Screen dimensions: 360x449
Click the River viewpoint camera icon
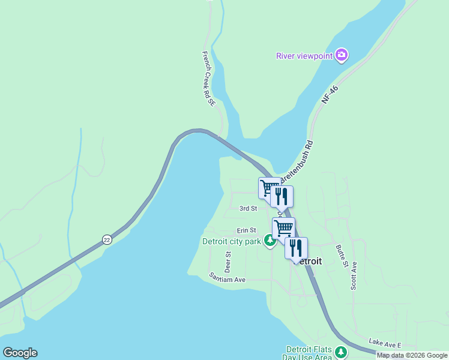(x=342, y=56)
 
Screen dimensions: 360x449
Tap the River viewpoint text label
(x=304, y=56)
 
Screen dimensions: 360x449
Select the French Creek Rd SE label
(x=208, y=79)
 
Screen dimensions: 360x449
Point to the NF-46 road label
(x=330, y=95)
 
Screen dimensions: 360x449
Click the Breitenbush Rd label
(x=301, y=158)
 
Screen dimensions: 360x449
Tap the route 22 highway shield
(x=107, y=239)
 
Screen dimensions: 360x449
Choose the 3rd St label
(x=248, y=209)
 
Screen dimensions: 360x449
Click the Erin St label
(x=246, y=230)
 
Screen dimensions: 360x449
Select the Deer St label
(x=228, y=261)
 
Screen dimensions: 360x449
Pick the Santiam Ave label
(x=228, y=278)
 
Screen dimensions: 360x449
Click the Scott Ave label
(x=354, y=275)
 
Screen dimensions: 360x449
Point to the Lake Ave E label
(x=385, y=343)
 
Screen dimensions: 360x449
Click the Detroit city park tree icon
(x=270, y=241)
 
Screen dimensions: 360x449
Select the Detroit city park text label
(x=231, y=242)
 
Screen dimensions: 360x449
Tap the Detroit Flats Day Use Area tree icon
(x=341, y=352)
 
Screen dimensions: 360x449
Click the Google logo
(x=20, y=353)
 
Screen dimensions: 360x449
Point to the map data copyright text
(x=412, y=355)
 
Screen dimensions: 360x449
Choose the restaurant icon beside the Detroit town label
(x=296, y=248)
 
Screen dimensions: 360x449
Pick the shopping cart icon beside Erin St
(x=283, y=228)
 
